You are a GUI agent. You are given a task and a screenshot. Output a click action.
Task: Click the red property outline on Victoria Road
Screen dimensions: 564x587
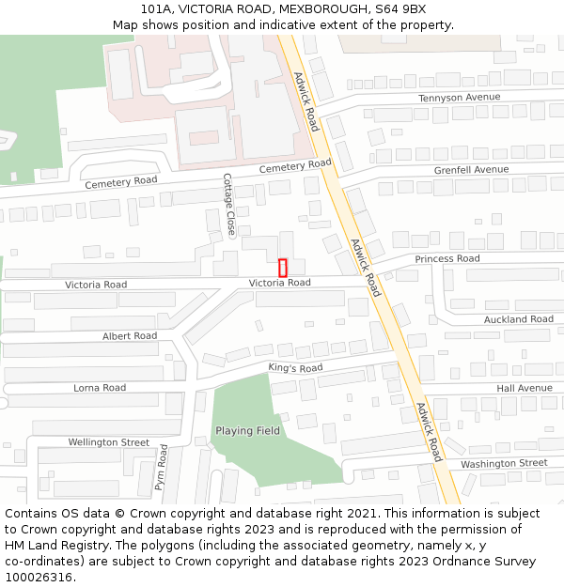coord(282,268)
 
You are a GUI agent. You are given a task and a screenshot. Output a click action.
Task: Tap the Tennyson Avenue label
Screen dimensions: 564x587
coord(459,98)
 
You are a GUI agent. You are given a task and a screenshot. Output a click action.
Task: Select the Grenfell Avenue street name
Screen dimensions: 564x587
coord(471,170)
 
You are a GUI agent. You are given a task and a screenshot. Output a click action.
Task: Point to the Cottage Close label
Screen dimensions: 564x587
coord(229,204)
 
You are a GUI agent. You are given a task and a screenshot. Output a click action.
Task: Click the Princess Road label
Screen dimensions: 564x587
coord(447,258)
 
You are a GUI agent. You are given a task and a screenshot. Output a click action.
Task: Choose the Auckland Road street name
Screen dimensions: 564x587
coord(519,319)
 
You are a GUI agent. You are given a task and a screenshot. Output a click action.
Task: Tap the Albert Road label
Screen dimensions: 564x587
coord(130,336)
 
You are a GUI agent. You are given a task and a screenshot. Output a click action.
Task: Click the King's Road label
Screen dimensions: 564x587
coord(295,368)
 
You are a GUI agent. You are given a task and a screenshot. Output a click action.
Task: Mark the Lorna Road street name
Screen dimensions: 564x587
coord(100,388)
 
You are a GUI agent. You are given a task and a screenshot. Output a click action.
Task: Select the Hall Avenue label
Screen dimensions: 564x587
coord(525,388)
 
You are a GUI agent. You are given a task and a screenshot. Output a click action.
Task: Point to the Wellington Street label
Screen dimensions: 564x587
coord(108,442)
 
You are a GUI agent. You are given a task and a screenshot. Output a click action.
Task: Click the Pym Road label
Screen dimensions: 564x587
coord(161,468)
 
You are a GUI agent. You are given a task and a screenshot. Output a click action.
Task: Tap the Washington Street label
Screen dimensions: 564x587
coord(504,464)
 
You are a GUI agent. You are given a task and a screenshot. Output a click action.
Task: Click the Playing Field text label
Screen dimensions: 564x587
coord(247,431)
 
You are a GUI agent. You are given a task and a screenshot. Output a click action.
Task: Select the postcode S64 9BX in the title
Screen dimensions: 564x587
coord(400,8)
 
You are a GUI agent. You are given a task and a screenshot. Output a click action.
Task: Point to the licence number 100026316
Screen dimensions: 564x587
coord(39,578)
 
